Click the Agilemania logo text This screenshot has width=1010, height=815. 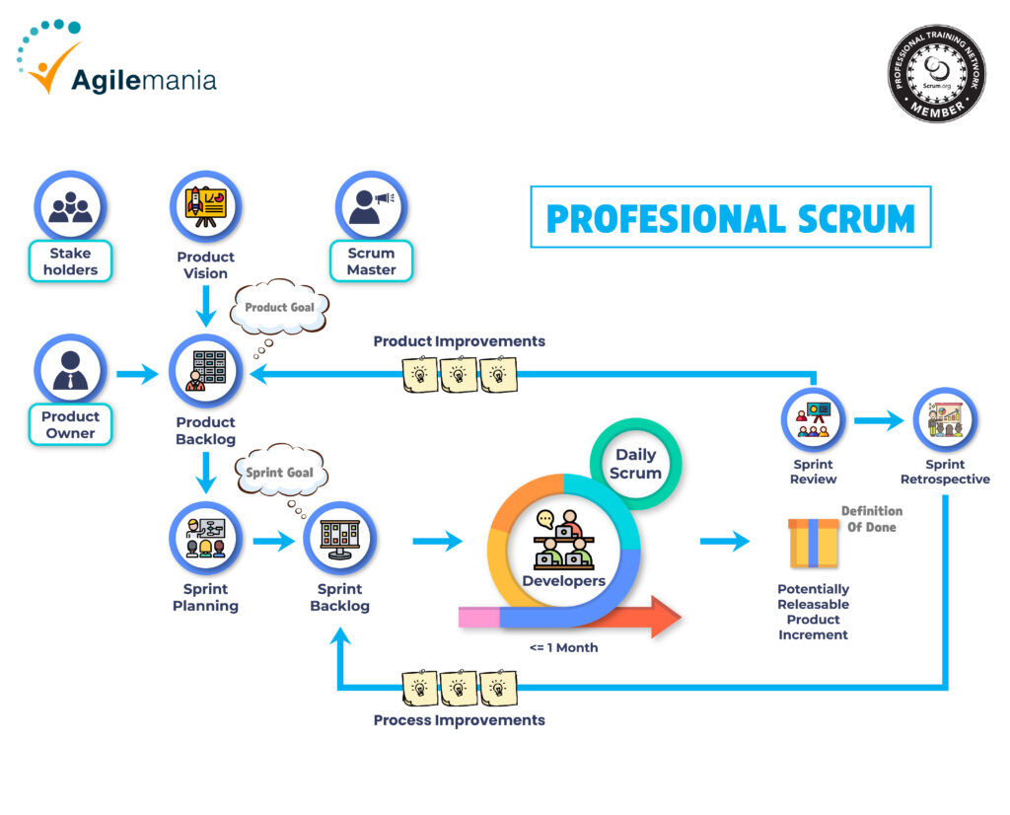click(143, 78)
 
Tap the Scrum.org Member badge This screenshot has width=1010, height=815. click(935, 73)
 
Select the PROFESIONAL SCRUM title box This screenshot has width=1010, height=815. click(730, 217)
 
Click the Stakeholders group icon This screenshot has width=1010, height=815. click(70, 205)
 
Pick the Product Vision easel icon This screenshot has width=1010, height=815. click(205, 205)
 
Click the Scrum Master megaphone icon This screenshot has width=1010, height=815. click(371, 205)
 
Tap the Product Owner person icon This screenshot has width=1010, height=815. click(70, 370)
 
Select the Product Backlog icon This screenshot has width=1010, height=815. click(205, 370)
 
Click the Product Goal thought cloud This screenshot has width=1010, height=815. click(279, 309)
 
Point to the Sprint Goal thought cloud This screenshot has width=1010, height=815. click(279, 474)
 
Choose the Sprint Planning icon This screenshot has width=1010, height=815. click(205, 539)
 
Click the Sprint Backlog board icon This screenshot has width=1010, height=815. click(339, 539)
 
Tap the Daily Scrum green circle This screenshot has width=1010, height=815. click(636, 464)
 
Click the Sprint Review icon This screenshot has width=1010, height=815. click(813, 419)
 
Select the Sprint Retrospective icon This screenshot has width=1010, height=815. click(944, 419)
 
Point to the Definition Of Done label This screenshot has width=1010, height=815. click(871, 519)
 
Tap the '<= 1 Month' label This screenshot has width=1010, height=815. click(563, 648)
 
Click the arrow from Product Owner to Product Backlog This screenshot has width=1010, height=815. click(137, 374)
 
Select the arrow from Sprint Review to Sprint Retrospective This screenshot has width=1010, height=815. click(878, 420)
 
